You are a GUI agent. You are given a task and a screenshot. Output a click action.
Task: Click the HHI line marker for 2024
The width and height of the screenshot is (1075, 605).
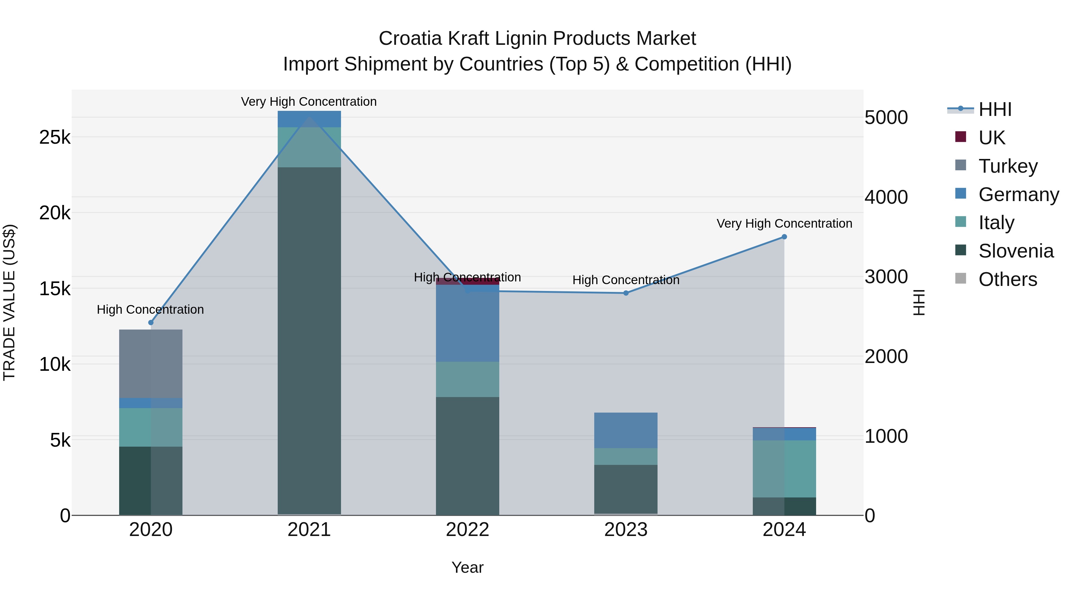pyautogui.click(x=784, y=237)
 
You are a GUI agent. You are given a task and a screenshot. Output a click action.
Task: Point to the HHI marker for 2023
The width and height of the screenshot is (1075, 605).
pyautogui.click(x=626, y=293)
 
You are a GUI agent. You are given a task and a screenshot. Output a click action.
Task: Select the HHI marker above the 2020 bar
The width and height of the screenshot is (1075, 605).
pyautogui.click(x=151, y=322)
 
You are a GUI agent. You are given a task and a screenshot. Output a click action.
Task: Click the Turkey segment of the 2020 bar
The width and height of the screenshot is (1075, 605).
pyautogui.click(x=151, y=364)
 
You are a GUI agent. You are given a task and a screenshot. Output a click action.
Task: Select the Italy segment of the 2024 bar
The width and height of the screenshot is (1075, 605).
pyautogui.click(x=784, y=468)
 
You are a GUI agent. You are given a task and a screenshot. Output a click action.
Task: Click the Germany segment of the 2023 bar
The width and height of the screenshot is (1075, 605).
pyautogui.click(x=626, y=430)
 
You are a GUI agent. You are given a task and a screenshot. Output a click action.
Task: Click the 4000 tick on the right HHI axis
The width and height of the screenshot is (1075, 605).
pyautogui.click(x=886, y=197)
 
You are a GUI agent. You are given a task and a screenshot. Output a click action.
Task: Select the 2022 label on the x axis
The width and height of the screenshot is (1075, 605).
pyautogui.click(x=467, y=530)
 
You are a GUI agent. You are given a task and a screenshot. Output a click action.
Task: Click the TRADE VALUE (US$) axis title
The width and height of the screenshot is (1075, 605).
pyautogui.click(x=9, y=302)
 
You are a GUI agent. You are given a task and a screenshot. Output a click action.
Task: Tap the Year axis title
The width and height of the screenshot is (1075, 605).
pyautogui.click(x=467, y=567)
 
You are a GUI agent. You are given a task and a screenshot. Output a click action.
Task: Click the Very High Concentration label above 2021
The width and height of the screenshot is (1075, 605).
pyautogui.click(x=309, y=102)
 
